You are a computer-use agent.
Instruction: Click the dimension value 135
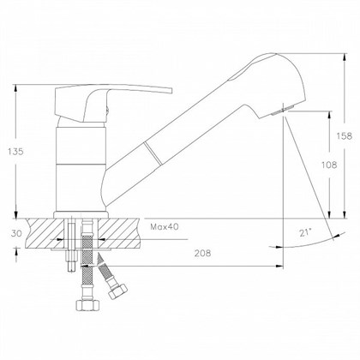point(15,152)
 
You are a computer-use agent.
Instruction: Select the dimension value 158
point(344,136)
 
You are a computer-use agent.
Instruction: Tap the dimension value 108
point(329,165)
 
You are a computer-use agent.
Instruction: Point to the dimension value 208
point(202,253)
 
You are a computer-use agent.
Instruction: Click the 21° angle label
point(305,233)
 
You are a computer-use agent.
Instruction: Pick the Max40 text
point(165,227)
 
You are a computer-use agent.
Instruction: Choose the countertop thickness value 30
point(16,233)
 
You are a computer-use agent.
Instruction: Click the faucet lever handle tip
point(171,91)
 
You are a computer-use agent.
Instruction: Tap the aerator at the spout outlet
point(283,110)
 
